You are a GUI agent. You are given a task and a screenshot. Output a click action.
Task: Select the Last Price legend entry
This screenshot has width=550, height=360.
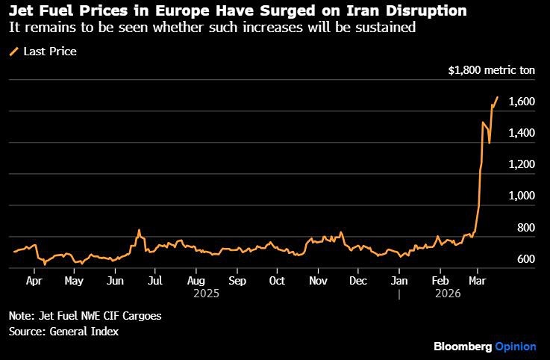click(49, 52)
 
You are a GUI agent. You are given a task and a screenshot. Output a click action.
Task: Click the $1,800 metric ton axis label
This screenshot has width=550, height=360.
click(490, 71)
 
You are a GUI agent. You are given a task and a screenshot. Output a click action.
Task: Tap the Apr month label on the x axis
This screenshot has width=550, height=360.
click(34, 282)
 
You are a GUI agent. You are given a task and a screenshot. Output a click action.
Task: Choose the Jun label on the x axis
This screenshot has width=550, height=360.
click(115, 282)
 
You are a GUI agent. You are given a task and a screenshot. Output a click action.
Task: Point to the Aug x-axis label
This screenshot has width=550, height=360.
click(196, 282)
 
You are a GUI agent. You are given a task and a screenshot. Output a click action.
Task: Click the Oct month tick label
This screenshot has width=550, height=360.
click(277, 282)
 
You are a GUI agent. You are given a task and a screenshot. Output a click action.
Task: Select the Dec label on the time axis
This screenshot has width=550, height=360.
click(358, 282)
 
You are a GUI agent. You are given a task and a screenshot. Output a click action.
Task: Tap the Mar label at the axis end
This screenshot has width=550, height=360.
click(475, 282)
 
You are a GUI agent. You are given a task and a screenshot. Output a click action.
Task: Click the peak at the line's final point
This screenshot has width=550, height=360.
click(497, 97)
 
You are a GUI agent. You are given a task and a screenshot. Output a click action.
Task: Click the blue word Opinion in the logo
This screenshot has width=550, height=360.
click(516, 347)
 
